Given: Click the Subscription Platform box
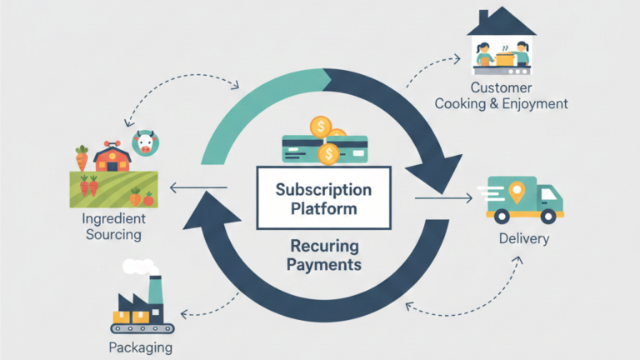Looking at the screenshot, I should coord(322,197).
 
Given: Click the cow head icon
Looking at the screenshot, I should coord(146,142).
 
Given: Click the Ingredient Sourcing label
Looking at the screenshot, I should coord(112,226).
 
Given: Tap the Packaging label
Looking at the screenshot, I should coord(140,347).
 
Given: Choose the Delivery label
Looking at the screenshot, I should coord(523,239).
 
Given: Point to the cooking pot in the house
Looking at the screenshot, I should coord(504,57).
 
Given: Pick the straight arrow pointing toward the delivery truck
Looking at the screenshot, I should coord(443,197).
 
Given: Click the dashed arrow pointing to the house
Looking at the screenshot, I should coord(431,69).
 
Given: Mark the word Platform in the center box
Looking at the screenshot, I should coord(322,208).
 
